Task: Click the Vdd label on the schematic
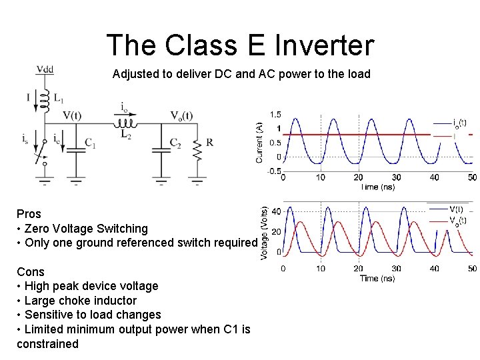[x=45, y=69]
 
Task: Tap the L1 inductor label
[x=58, y=99]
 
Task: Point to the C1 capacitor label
[x=91, y=143]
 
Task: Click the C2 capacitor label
[x=175, y=143]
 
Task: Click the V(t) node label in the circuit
[x=72, y=115]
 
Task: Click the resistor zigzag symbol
[x=197, y=152]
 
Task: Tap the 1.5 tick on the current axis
[x=275, y=114]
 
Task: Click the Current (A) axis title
[x=259, y=141]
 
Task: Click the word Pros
[x=29, y=214]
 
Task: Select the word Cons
[x=31, y=272]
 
